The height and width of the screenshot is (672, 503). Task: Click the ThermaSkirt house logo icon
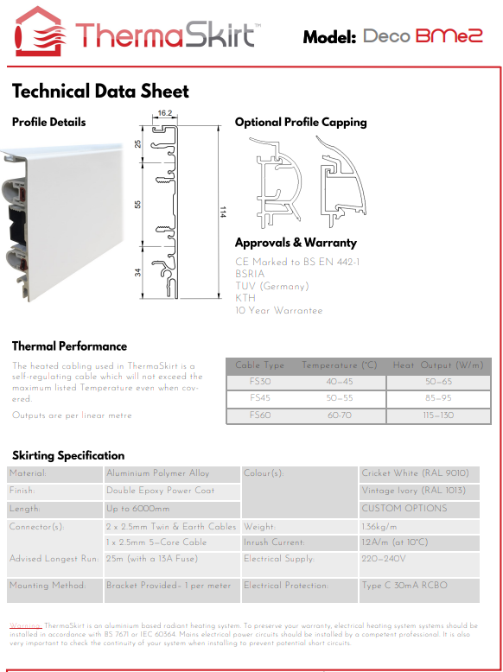coord(38,32)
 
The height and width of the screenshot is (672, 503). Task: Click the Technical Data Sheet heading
coord(100,92)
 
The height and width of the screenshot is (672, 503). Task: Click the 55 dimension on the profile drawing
coord(138,204)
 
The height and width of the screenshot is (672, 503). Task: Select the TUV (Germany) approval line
coord(271,286)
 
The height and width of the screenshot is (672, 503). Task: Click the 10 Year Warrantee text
coord(278,310)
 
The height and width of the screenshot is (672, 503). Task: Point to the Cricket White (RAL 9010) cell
coord(415,473)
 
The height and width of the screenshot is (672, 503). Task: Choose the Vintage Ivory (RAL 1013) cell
coord(413,491)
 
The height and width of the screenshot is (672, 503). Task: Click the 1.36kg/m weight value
coord(379,526)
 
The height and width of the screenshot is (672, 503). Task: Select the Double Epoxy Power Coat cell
coord(160,491)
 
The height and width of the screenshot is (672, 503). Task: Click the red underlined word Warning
coord(25,624)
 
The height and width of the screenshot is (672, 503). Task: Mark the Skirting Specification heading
coord(68,455)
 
